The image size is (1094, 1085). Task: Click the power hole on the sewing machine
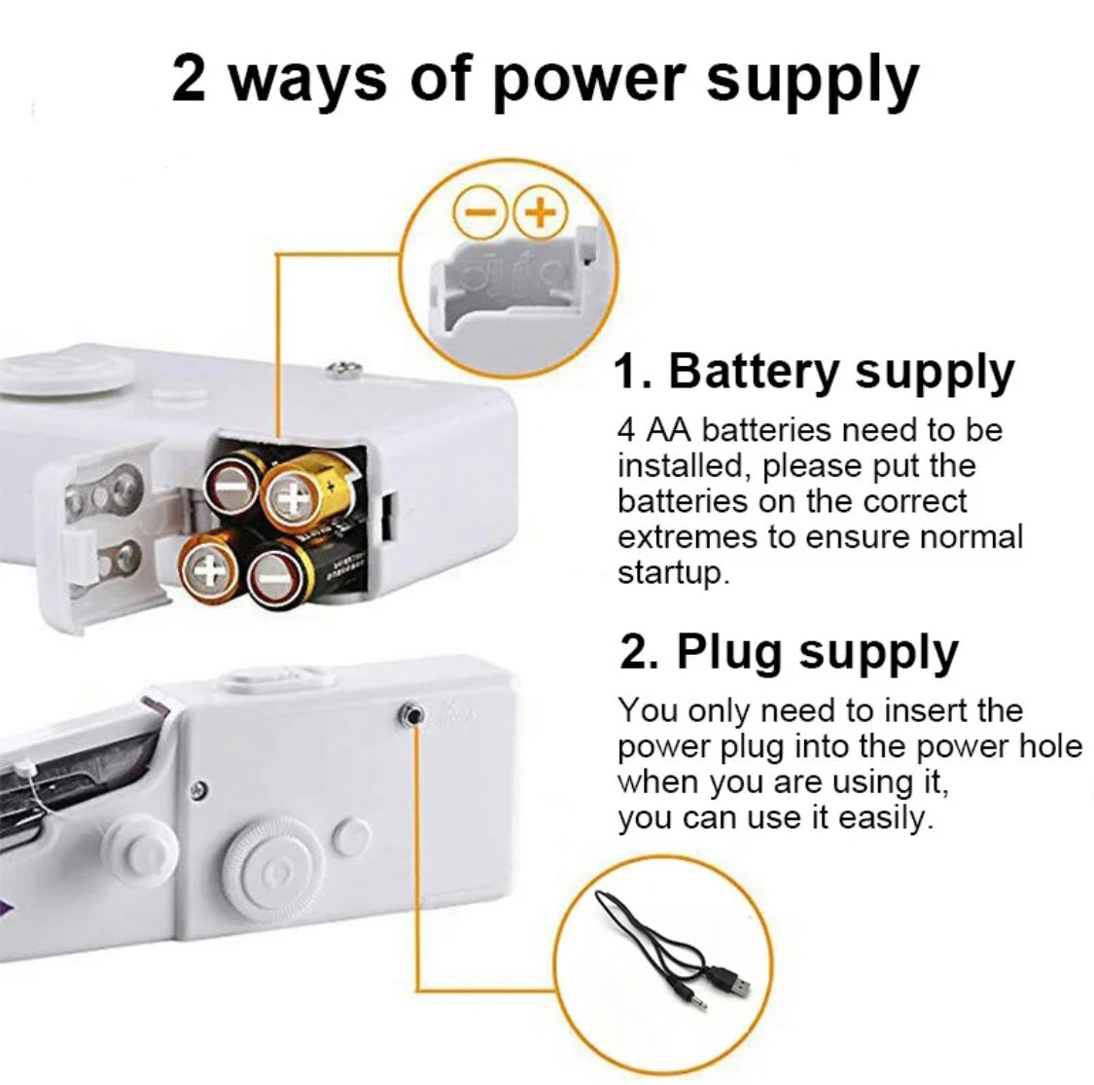pyautogui.click(x=411, y=715)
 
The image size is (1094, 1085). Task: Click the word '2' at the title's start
pyautogui.click(x=189, y=78)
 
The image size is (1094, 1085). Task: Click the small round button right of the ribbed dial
pyautogui.click(x=351, y=837)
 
